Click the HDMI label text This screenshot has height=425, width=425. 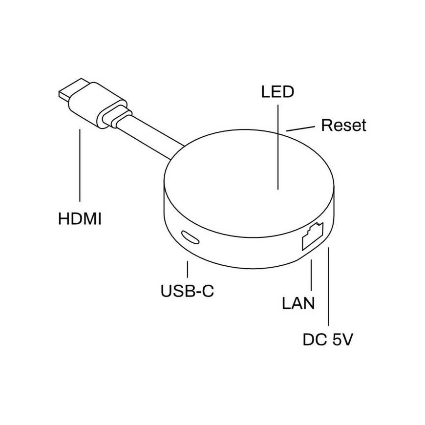coord(80,219)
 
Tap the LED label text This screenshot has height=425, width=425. coord(277,92)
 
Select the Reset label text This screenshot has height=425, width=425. coord(343,125)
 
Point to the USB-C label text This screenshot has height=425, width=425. coord(187,291)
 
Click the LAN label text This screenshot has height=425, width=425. coord(298,303)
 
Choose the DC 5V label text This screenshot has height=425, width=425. coord(328,340)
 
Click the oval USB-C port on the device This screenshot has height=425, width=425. coord(191,237)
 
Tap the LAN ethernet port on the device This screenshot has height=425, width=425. coord(313,236)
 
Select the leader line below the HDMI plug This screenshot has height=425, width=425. coord(80,165)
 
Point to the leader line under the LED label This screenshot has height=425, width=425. coord(278,147)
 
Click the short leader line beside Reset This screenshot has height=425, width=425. coord(300,128)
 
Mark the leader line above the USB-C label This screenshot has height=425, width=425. coord(187,269)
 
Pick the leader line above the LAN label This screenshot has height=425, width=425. coord(312,275)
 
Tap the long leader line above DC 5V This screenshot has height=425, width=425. coord(328,286)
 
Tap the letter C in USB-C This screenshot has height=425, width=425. coord(208,291)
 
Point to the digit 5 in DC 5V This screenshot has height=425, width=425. coord(337,340)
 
